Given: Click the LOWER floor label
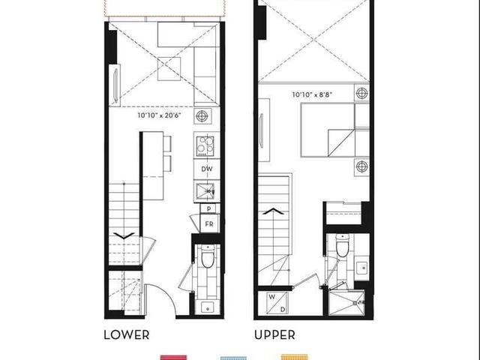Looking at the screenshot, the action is tap(127, 334).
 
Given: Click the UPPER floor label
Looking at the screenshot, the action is tap(274, 334).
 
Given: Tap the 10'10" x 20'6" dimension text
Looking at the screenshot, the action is tap(160, 115).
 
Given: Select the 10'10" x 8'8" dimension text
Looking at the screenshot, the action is tap(312, 94).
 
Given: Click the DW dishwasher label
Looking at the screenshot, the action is tap(207, 169).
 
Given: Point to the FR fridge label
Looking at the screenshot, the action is tap(209, 224).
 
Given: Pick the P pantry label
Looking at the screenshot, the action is tap(208, 208).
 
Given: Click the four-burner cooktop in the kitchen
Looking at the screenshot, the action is tap(205, 145).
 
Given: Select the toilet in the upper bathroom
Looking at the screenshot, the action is tap(342, 246).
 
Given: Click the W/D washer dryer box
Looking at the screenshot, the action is tap(277, 303).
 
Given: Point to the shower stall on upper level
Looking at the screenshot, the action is tap(346, 303).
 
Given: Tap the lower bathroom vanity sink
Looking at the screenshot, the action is tap(208, 307).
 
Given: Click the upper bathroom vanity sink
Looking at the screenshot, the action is tap(362, 268).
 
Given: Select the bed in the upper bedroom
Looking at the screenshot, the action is tap(335, 130).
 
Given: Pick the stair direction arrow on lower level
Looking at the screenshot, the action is tap(124, 235).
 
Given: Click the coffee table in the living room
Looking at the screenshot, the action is tap(169, 69).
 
